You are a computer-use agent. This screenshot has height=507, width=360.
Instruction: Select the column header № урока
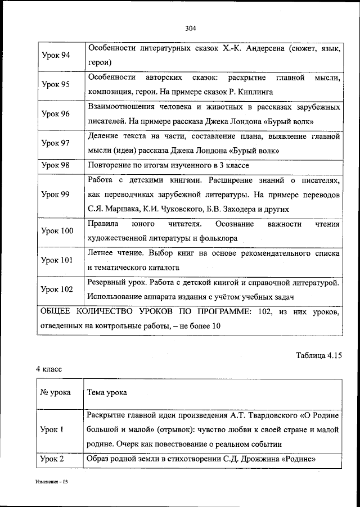point(56,392)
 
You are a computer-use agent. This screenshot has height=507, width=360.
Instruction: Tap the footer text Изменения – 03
point(49,482)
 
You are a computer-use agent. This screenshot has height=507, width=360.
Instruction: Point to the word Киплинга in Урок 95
point(256,90)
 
